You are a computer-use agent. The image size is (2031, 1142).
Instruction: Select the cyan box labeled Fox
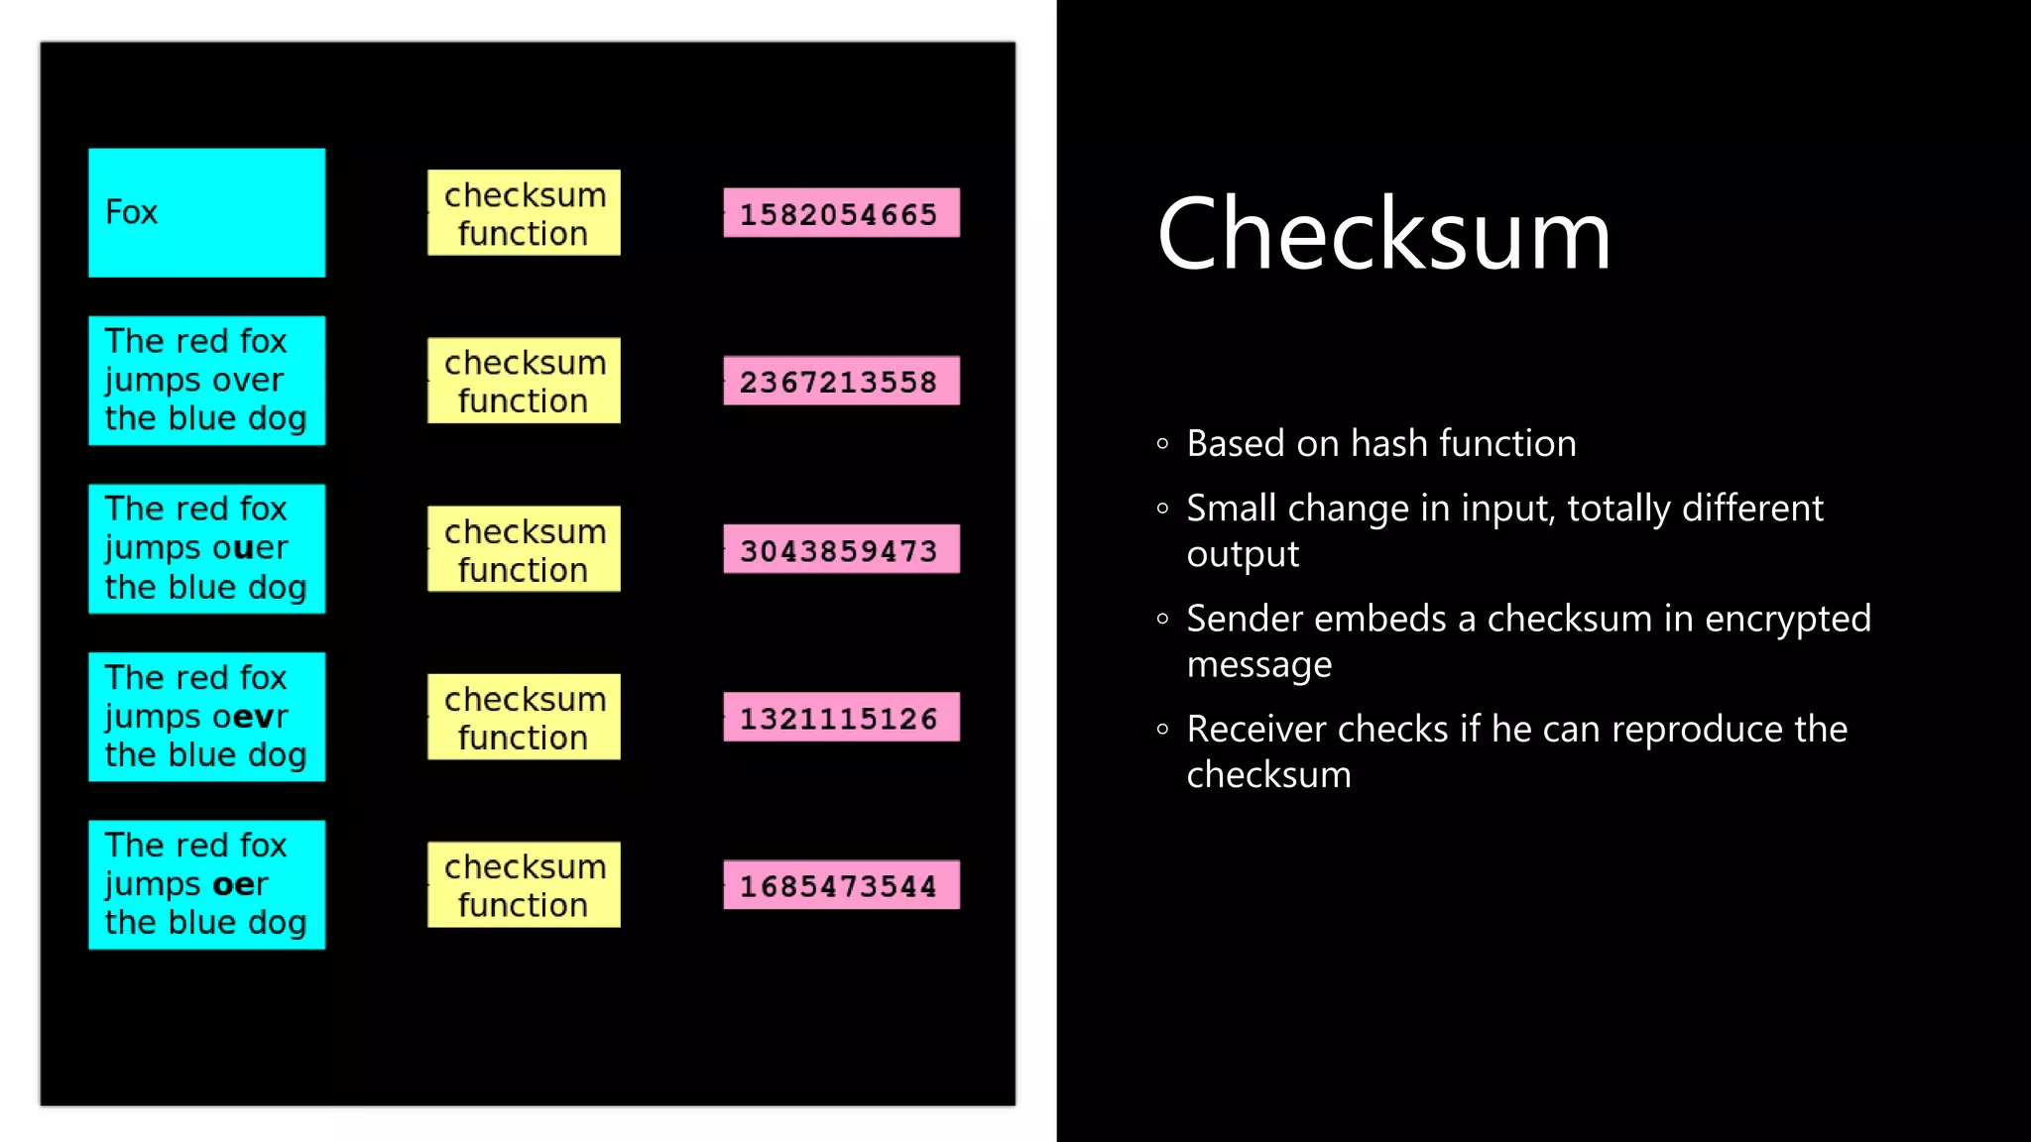coord(206,212)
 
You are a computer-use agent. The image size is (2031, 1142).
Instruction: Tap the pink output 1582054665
coord(840,213)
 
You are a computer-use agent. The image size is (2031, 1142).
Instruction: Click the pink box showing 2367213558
coord(840,382)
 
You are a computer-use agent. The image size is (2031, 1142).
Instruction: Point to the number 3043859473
coord(840,550)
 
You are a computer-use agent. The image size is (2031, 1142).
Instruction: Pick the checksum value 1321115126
coord(840,718)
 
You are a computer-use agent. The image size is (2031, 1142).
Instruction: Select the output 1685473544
coord(840,885)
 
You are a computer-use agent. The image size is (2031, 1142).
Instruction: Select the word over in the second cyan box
coord(249,380)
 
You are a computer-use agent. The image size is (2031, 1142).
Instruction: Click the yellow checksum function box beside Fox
coord(524,213)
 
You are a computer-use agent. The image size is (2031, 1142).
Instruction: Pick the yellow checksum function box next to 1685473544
coord(524,885)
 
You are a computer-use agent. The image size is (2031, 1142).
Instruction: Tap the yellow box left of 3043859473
coord(524,550)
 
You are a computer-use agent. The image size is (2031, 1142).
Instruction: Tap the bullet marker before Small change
coord(1163,509)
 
